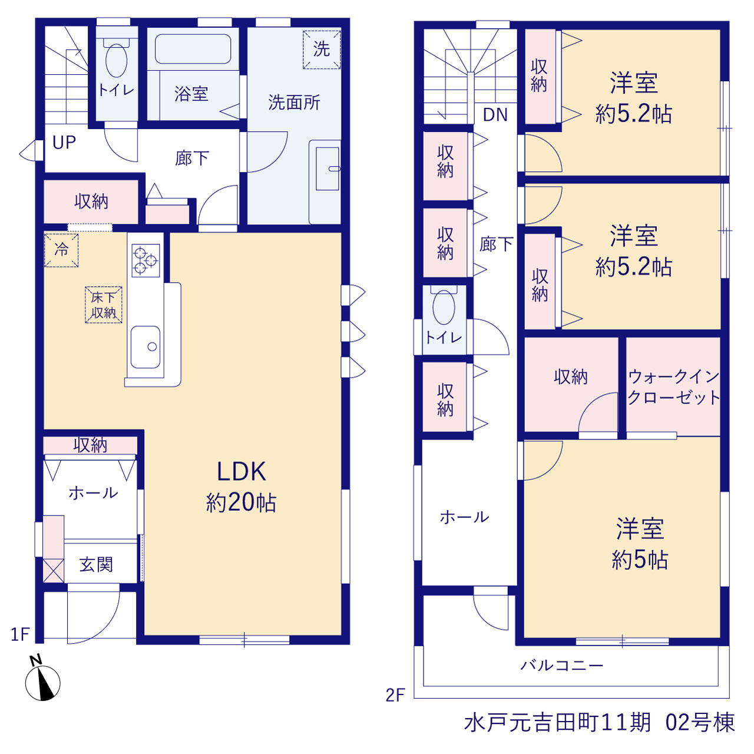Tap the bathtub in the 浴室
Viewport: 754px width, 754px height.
(193, 49)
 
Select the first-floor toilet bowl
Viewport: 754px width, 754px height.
(116, 60)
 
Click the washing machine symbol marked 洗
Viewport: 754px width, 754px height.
(322, 49)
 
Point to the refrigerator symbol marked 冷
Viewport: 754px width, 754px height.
(61, 250)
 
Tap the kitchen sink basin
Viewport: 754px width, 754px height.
(145, 347)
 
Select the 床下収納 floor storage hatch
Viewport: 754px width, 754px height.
(103, 305)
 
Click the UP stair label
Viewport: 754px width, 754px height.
(64, 143)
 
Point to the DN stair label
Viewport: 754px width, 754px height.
(495, 115)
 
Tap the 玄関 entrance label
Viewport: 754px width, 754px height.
(96, 565)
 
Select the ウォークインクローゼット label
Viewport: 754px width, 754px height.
(673, 387)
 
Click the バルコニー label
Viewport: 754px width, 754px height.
(562, 665)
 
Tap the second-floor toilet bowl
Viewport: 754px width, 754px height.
(444, 307)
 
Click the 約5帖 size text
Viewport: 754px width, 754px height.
(640, 560)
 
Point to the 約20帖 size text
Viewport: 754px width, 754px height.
(242, 502)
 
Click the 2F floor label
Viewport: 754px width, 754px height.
(395, 695)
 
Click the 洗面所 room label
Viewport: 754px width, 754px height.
(295, 102)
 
